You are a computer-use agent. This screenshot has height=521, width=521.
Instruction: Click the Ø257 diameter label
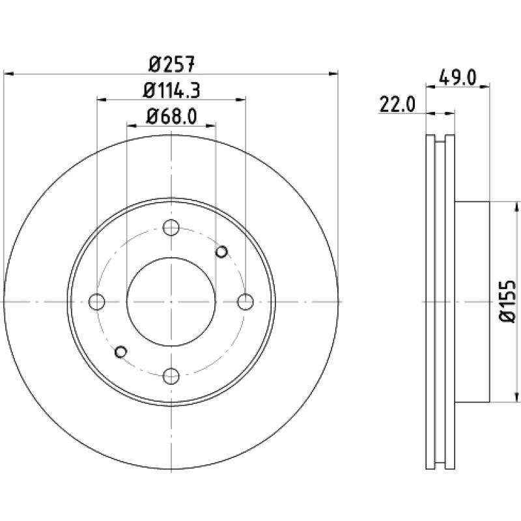(x=171, y=64)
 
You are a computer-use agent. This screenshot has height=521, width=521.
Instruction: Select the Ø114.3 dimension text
(x=171, y=91)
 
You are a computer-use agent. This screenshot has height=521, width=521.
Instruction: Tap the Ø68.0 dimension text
(x=171, y=117)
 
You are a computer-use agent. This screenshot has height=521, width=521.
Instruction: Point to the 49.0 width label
(x=458, y=77)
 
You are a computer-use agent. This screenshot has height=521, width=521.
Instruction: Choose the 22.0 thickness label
(x=397, y=105)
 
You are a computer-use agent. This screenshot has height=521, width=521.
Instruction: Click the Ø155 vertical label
(x=507, y=302)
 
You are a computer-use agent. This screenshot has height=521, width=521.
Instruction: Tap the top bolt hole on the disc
(x=171, y=227)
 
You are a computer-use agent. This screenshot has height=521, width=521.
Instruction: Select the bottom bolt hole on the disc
(x=171, y=376)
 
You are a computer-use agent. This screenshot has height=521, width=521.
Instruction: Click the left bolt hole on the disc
(x=96, y=302)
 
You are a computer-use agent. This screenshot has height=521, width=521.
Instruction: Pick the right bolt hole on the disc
(x=246, y=302)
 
